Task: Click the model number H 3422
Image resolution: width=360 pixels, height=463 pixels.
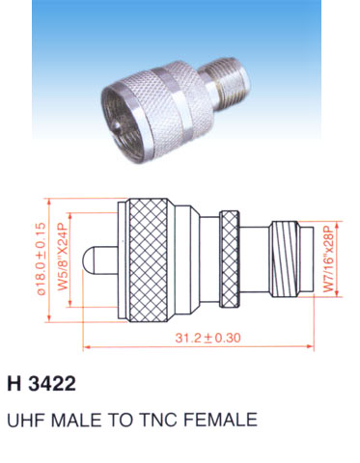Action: (42, 383)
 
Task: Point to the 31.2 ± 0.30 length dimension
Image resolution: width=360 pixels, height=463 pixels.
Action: (208, 338)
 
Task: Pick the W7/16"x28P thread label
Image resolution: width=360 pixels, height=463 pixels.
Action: (329, 259)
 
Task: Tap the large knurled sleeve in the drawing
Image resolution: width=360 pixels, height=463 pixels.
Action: (149, 260)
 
